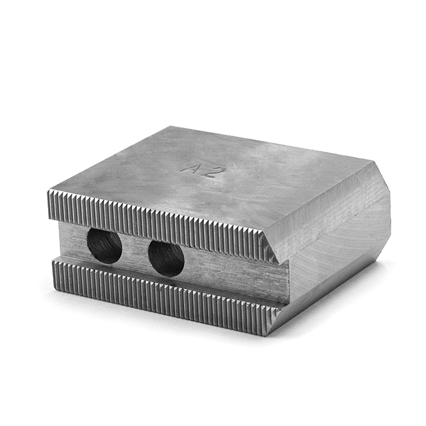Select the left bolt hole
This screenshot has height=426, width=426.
[x=105, y=245]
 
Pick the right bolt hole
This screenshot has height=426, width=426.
[x=166, y=257]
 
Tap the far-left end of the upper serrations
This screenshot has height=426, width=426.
[x=51, y=204]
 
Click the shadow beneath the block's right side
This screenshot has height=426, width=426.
[x=341, y=316]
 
